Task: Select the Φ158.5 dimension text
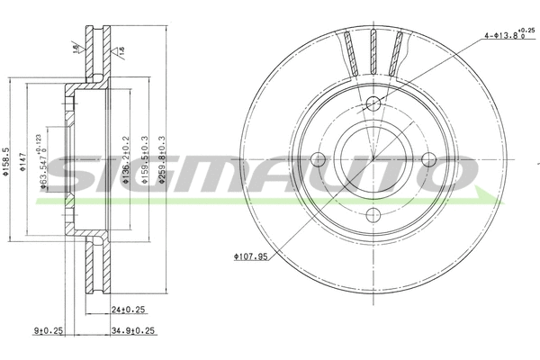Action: click(x=7, y=161)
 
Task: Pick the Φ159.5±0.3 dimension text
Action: click(x=143, y=162)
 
